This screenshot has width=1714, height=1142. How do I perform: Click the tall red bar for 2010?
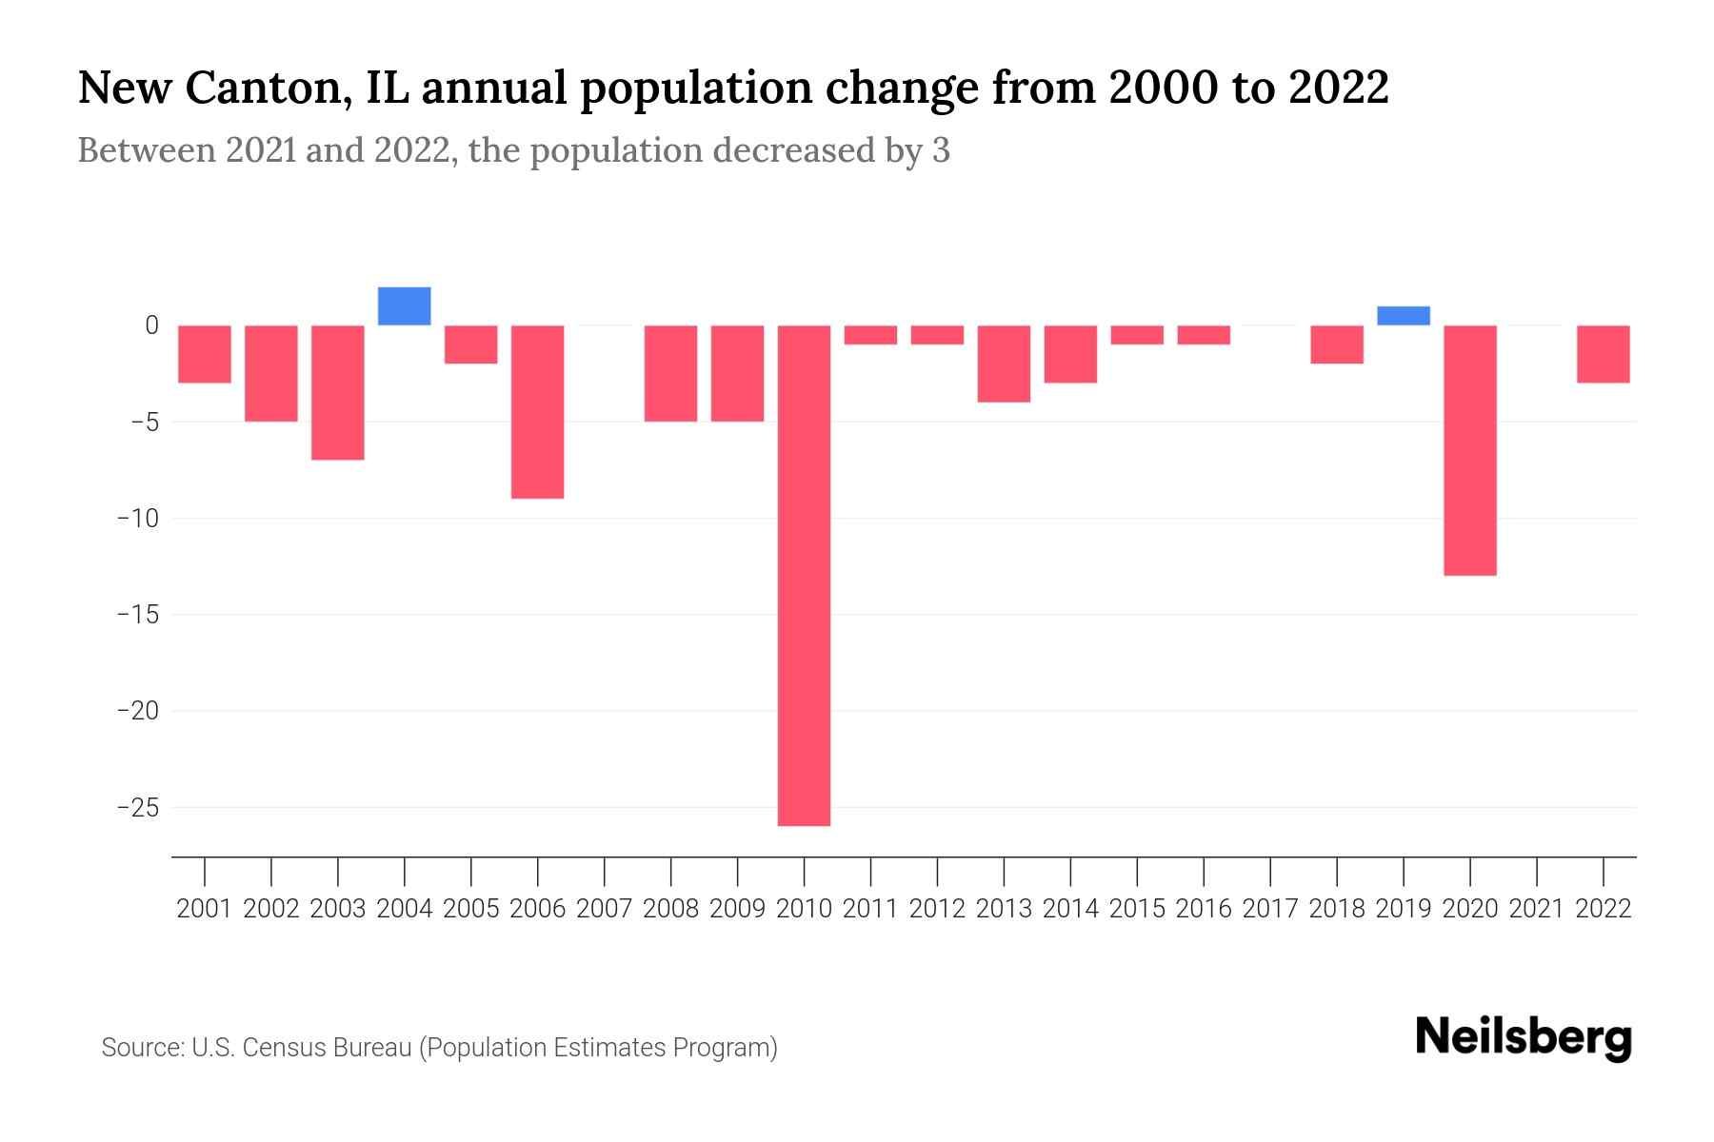(x=804, y=575)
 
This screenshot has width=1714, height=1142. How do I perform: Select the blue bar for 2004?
(x=405, y=306)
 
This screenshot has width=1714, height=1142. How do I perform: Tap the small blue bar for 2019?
(x=1404, y=316)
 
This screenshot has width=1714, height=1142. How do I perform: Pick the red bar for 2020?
(x=1470, y=450)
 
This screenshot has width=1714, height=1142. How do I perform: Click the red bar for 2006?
(x=538, y=411)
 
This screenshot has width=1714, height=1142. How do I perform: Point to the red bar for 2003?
(x=338, y=392)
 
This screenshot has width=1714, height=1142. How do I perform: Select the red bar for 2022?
(x=1604, y=354)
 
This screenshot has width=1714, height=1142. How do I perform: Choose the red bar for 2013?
(x=1004, y=364)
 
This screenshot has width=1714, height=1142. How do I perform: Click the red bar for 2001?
(x=205, y=354)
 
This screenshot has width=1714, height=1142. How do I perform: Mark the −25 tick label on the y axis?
(x=137, y=808)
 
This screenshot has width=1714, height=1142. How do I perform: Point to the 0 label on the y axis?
(x=151, y=325)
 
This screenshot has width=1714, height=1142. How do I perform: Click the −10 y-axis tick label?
(x=137, y=519)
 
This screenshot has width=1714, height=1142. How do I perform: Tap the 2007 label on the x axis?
(x=605, y=909)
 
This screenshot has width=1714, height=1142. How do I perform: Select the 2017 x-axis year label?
(x=1270, y=909)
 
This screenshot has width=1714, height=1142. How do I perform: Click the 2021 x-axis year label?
(x=1537, y=909)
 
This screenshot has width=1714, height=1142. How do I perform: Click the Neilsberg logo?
(x=1524, y=1037)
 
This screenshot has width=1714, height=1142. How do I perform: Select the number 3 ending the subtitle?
(x=941, y=151)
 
